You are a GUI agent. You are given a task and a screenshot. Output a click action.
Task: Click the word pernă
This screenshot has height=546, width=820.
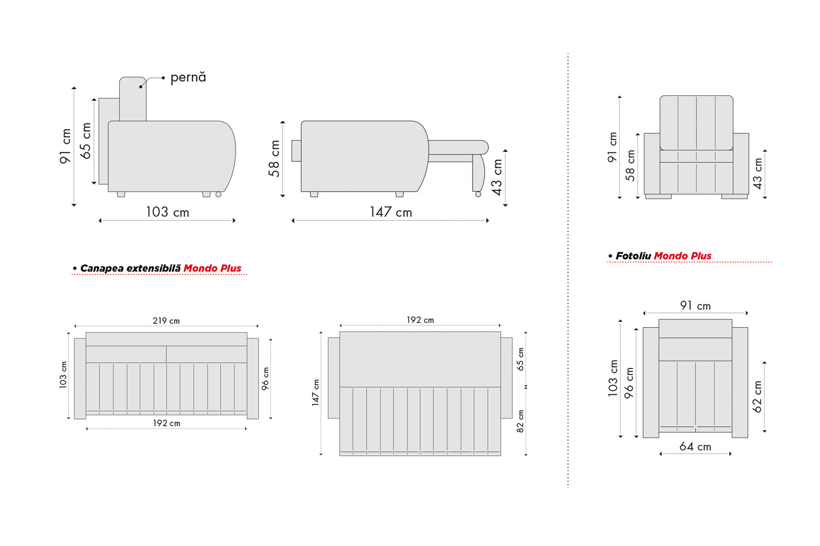pos(188,78)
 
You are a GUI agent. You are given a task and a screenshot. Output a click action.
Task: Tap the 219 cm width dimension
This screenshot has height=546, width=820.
pos(166,321)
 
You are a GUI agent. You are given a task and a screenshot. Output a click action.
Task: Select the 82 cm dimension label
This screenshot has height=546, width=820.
pos(520,421)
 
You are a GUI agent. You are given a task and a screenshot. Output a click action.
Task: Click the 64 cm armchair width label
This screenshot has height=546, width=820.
pos(695,447)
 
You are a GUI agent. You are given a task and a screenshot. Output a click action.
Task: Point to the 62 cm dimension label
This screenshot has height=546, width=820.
pos(757,397)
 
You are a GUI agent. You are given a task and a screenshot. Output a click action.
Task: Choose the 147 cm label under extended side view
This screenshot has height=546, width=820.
pos(391,212)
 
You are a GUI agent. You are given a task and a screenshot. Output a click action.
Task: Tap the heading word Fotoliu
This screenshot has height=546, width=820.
pos(633,256)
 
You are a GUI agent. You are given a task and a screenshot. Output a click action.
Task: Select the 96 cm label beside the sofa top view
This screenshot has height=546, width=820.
pos(265,379)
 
